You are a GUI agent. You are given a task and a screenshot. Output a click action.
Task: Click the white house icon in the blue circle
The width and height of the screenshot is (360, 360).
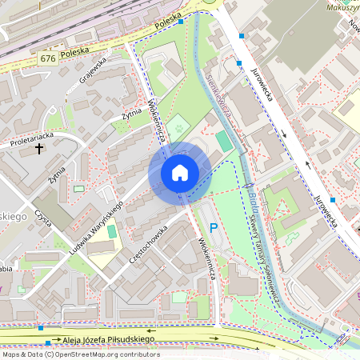[x=180, y=172]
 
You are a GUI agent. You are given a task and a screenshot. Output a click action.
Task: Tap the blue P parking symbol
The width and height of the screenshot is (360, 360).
[x=214, y=227]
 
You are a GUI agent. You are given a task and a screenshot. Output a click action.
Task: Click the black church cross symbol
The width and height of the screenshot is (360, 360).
[x=38, y=148]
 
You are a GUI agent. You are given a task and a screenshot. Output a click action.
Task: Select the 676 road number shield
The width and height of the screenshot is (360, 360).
[x=48, y=59]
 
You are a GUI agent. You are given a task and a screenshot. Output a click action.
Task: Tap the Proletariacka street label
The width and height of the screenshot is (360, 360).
[x=31, y=138]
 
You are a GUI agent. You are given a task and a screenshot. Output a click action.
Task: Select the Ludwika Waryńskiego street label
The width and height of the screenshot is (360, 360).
[x=96, y=229]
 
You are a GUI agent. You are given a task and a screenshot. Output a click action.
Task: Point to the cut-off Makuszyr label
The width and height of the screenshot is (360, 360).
[x=343, y=7]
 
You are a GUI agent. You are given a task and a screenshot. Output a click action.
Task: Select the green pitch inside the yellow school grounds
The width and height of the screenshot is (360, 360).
[x=111, y=232]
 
